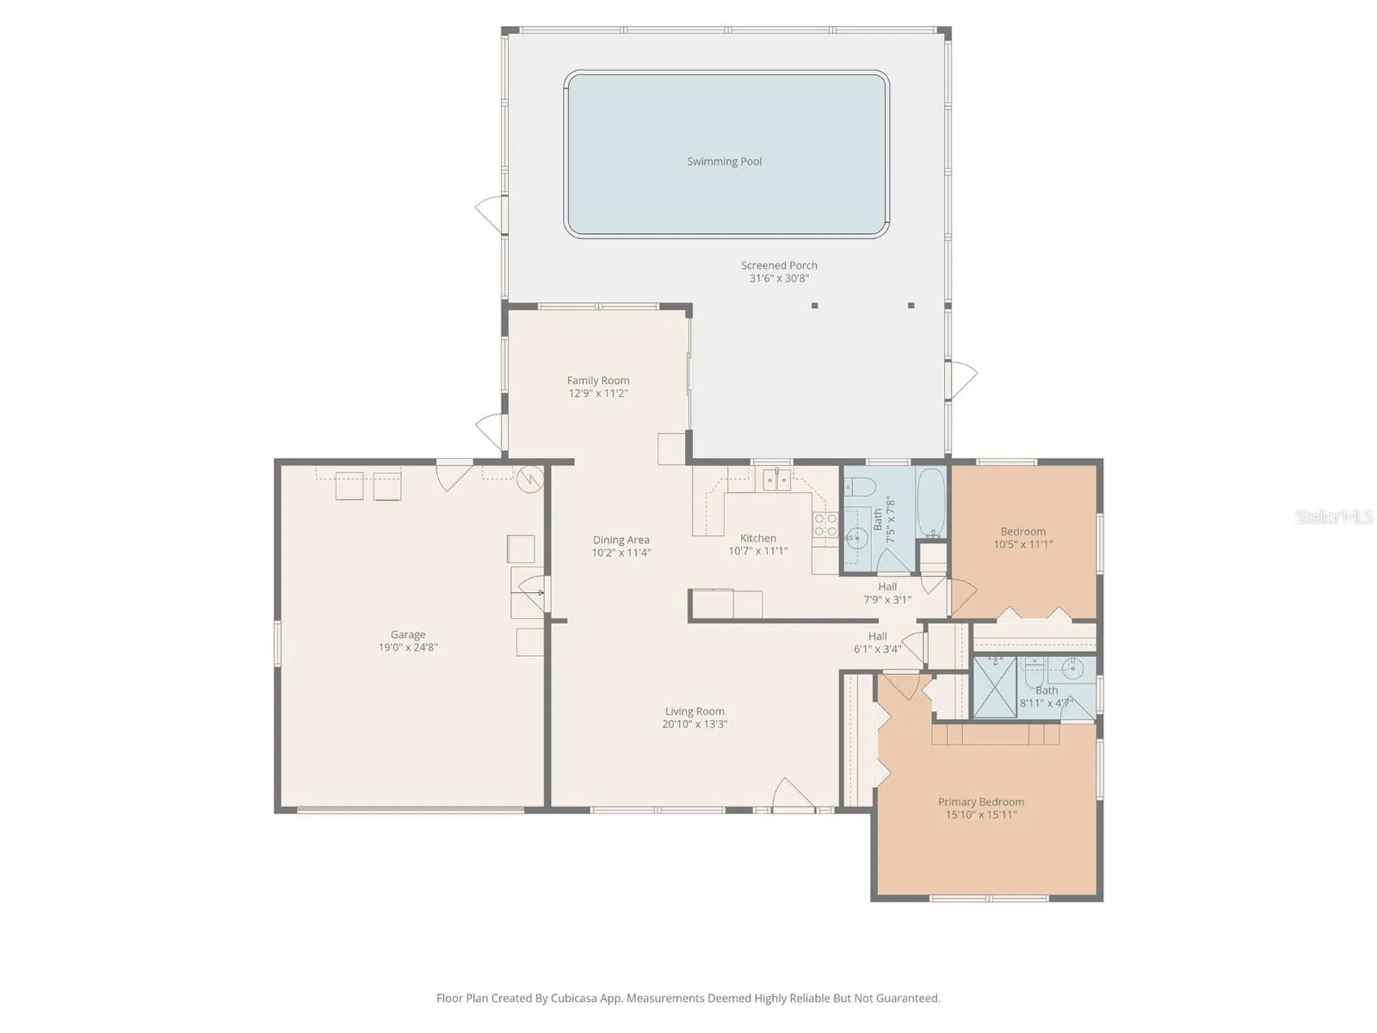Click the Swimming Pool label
coord(724,161)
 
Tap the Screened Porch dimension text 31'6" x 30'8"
coord(779,278)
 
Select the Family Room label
coord(598,380)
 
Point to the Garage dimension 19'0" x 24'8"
coord(408,647)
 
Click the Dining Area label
coord(621,539)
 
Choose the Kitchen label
coord(758,538)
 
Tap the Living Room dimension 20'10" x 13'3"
coord(694,725)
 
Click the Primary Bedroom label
coord(981,802)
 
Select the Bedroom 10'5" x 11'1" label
coord(1023,538)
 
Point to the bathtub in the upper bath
coord(932,503)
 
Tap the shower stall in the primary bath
coord(995,687)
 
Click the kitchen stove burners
coord(825,524)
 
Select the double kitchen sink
coord(777,479)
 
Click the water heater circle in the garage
coord(530,479)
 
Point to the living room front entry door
coord(793,795)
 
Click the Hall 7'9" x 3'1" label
coord(887,593)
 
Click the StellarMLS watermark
coord(1334,516)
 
